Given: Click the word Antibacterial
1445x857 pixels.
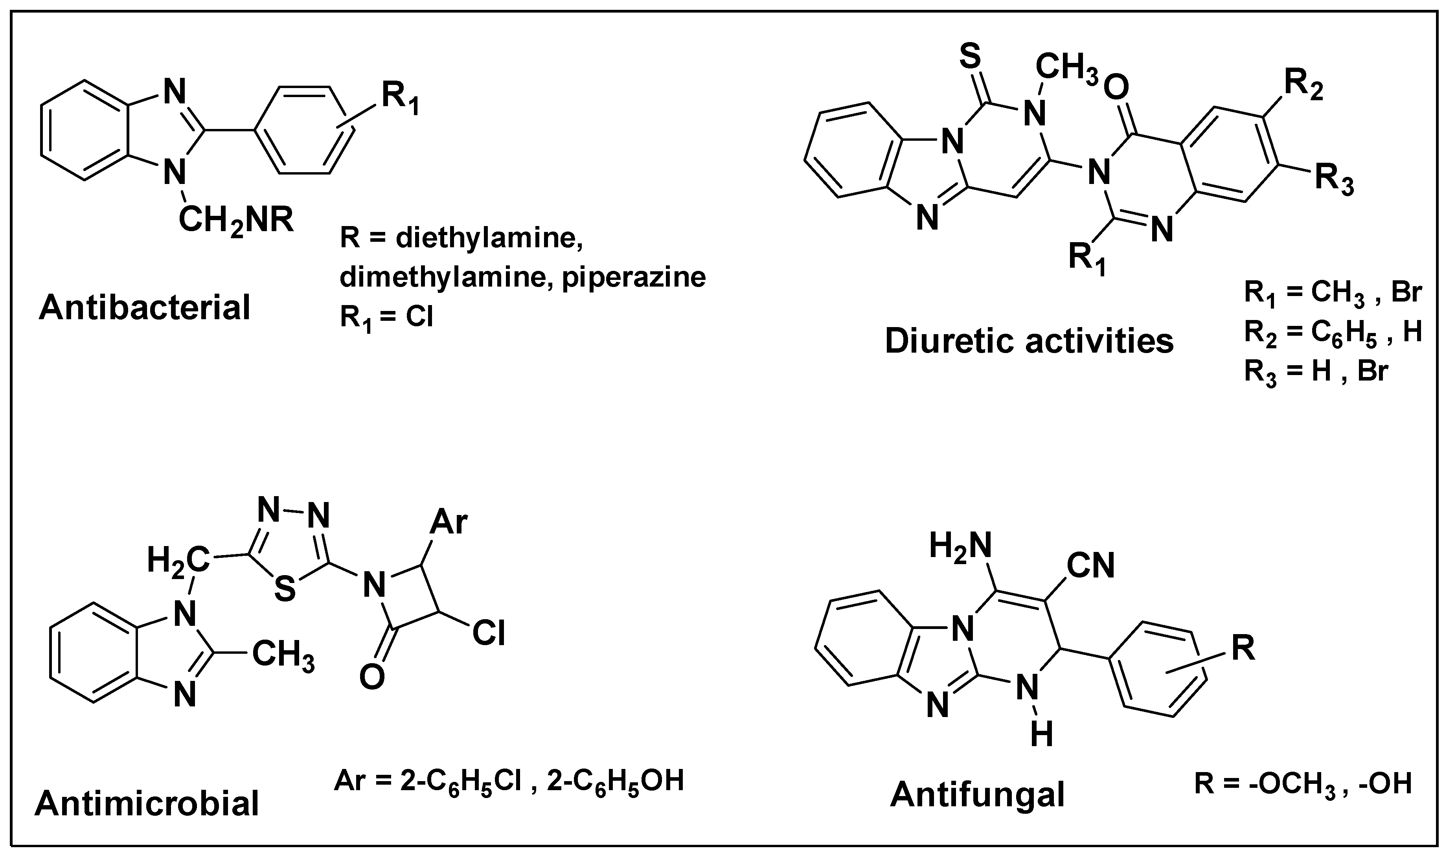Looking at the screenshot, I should click(144, 308).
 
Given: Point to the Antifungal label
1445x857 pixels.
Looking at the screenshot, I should click(977, 794).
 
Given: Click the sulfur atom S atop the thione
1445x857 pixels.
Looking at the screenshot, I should click(971, 57).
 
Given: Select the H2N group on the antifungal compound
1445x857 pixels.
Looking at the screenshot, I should click(960, 545).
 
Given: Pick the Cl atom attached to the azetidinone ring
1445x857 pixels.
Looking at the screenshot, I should click(488, 633).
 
